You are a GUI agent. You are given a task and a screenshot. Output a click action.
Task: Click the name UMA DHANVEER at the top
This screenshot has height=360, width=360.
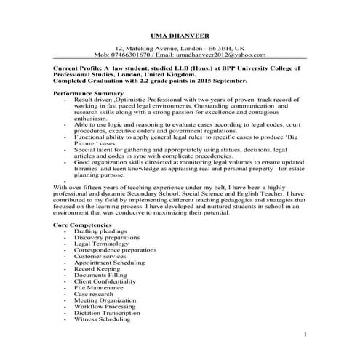[x=180, y=34]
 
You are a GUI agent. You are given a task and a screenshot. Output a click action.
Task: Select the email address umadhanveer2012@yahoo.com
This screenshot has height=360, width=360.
[x=220, y=54]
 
